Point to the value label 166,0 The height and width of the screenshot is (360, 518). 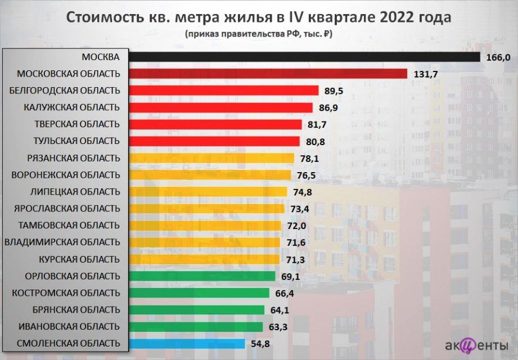coord(498,57)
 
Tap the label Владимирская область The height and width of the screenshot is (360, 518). coord(62,242)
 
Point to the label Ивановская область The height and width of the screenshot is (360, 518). coord(69,326)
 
